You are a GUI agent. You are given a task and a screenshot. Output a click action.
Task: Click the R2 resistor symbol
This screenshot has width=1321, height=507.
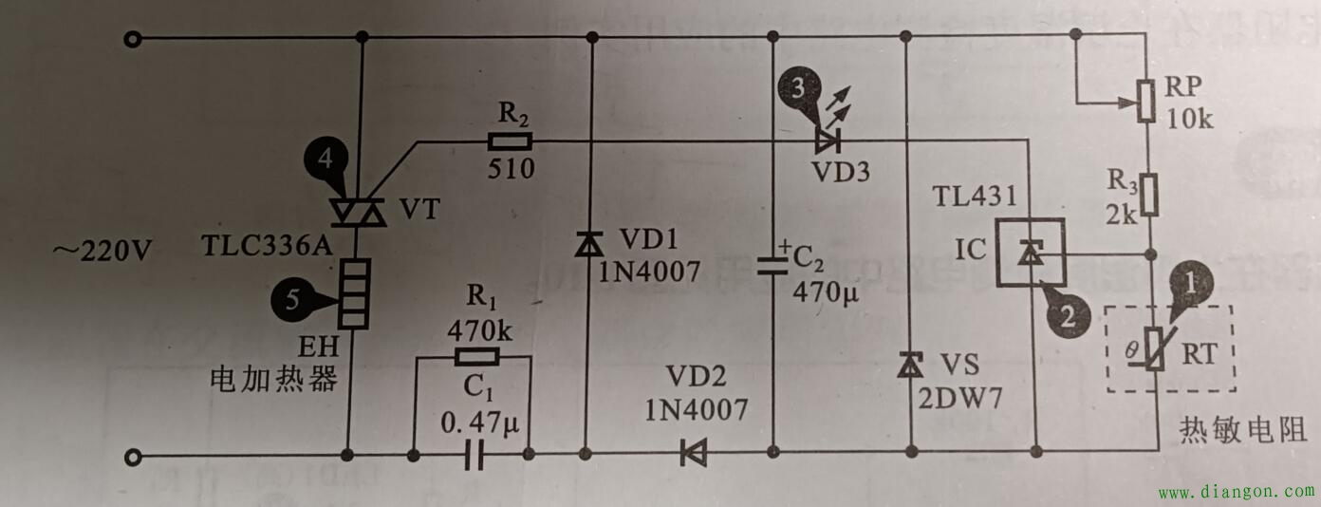(x=510, y=142)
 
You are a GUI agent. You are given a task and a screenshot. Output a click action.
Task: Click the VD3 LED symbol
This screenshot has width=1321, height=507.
(x=827, y=142)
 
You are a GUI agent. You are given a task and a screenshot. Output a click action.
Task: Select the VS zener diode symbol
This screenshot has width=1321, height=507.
(x=910, y=364)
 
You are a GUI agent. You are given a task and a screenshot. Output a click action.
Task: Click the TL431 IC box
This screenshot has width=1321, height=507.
(x=1030, y=252)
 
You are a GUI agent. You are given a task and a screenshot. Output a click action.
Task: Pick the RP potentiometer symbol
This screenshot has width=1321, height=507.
(x=1147, y=101)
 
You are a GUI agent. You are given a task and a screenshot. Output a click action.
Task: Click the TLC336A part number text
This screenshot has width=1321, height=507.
(x=267, y=247)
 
